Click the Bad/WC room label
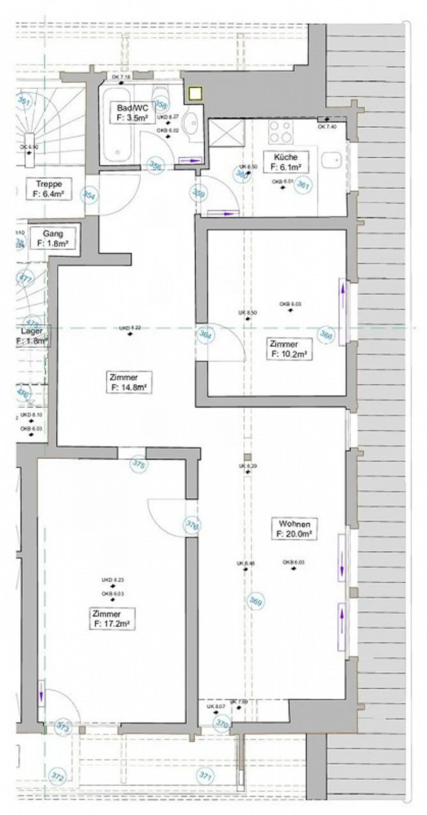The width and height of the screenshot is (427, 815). pos(132,113)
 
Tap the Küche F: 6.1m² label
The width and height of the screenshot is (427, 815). pos(286,162)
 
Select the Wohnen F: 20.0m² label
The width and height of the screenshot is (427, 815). pos(294,529)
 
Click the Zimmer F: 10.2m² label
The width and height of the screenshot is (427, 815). pos(289,349)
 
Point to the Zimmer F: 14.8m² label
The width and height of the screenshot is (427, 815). pos(128,382)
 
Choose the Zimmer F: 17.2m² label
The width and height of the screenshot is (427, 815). pos(112,618)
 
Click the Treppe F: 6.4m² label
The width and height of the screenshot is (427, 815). pos(49,189)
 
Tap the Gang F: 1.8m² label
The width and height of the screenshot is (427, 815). pos(52,239)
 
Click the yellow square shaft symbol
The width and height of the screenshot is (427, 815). pos(194,93)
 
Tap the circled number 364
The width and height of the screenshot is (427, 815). pos(205,334)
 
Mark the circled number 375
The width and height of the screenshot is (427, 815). pos(139,464)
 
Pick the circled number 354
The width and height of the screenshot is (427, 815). pos(89,195)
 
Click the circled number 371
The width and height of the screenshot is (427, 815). pos(205,776)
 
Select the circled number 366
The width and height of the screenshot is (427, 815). pos(326,334)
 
